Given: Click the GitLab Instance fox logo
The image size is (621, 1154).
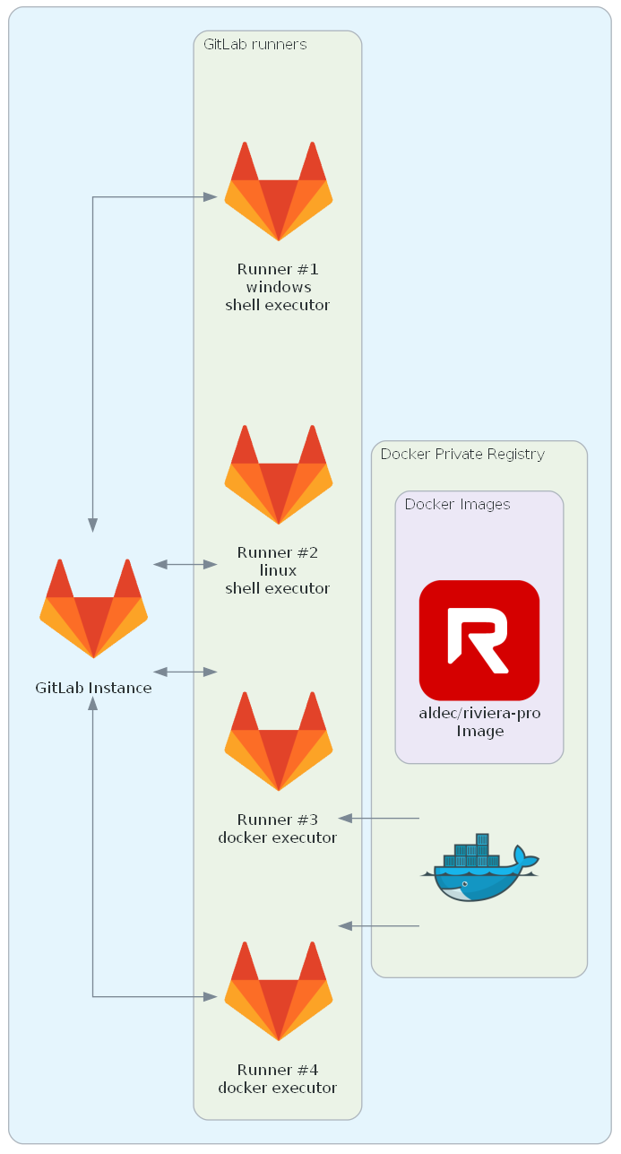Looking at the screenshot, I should click(x=93, y=609).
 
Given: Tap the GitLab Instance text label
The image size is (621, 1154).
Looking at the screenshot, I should click(x=93, y=689).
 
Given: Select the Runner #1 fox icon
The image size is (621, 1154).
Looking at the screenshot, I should click(x=278, y=191).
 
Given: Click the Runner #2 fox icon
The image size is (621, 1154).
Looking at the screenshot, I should click(x=278, y=474).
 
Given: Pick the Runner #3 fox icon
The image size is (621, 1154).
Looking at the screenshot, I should click(x=278, y=741).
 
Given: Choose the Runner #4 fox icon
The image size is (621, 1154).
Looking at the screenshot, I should click(x=278, y=991).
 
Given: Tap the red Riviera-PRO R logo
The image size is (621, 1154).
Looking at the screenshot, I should click(x=479, y=640).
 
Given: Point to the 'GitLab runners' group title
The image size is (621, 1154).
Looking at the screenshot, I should click(x=254, y=44).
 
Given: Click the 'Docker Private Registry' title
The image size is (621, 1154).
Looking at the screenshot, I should click(x=462, y=454).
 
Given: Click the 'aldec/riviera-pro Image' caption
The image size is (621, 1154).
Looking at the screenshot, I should click(x=479, y=723).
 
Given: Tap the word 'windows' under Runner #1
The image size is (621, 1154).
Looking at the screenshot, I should click(x=278, y=287).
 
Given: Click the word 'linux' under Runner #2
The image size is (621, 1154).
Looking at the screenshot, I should click(x=278, y=570).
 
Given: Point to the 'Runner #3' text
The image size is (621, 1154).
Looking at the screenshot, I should click(x=278, y=820).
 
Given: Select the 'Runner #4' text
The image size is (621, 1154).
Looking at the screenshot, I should click(x=278, y=1070).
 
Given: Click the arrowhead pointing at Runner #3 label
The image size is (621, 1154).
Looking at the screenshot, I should click(x=346, y=818).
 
